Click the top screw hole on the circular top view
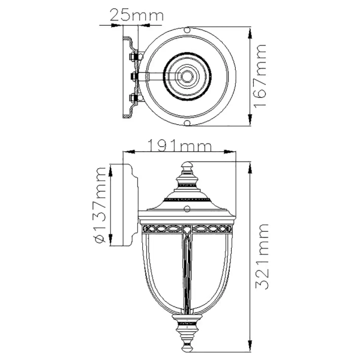(188, 29)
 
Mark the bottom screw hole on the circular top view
(188, 124)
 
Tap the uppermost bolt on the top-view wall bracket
(134, 58)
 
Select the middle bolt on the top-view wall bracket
(134, 77)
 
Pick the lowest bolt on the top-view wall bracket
(134, 97)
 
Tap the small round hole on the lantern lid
(187, 210)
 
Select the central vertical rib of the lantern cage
(187, 270)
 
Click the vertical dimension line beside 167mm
(249, 77)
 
